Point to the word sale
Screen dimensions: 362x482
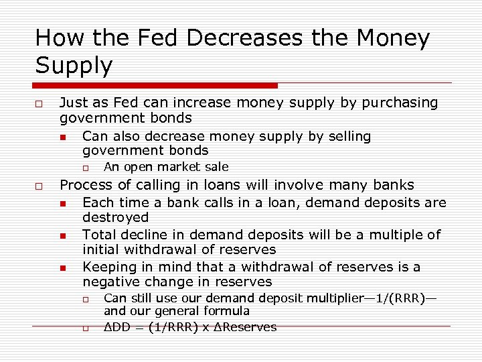coord(216,167)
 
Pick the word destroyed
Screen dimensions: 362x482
coord(115,217)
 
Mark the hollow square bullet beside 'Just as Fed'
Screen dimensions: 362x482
coord(40,103)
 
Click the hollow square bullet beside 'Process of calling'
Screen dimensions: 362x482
coord(40,186)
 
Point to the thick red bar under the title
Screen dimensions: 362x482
coord(155,85)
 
